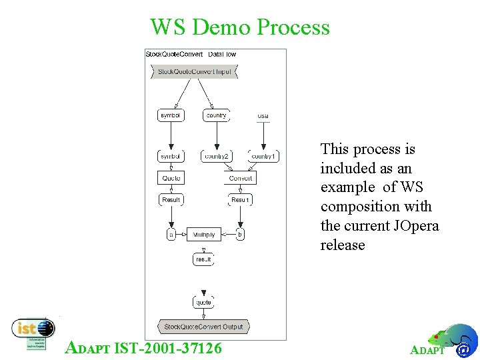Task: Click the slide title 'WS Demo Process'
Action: pyautogui.click(x=240, y=27)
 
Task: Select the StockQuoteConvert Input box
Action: pyautogui.click(x=194, y=71)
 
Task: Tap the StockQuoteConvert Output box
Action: pyautogui.click(x=203, y=327)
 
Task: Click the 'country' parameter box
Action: pyautogui.click(x=216, y=115)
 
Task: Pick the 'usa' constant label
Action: pyautogui.click(x=263, y=116)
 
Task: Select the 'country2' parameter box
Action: pyautogui.click(x=217, y=157)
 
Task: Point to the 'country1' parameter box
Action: pyautogui.click(x=263, y=157)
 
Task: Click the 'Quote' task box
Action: pyautogui.click(x=171, y=178)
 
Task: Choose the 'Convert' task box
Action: pyautogui.click(x=240, y=178)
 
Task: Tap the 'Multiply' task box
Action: pyautogui.click(x=203, y=235)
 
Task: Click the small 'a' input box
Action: pyautogui.click(x=171, y=235)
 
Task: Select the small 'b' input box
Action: pyautogui.click(x=240, y=235)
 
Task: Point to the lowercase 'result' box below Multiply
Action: pyautogui.click(x=203, y=259)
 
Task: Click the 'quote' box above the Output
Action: pyautogui.click(x=203, y=303)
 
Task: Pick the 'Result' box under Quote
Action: pyautogui.click(x=171, y=200)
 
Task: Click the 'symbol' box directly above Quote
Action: pyautogui.click(x=171, y=157)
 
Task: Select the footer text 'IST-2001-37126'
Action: pyautogui.click(x=169, y=347)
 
